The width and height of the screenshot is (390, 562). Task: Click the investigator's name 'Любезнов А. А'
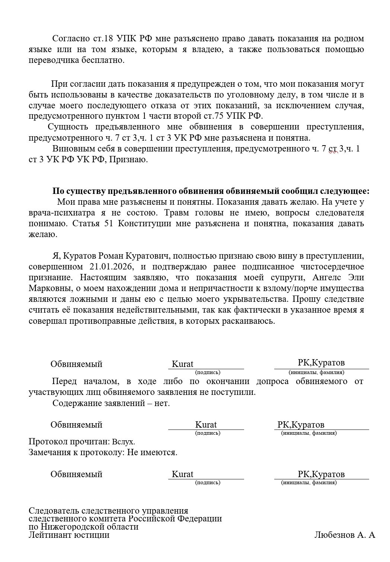click(345, 535)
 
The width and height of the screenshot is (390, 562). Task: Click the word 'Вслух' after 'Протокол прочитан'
click(123, 442)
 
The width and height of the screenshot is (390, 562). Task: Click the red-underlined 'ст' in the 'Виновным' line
click(333, 149)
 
